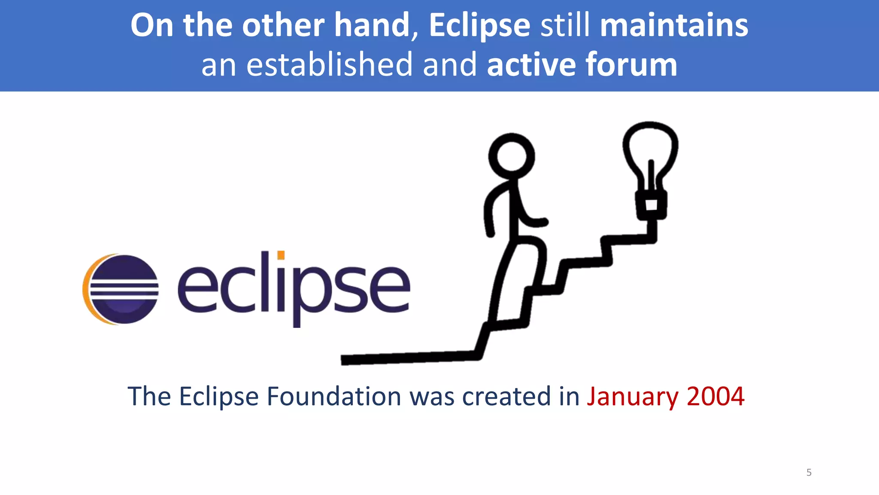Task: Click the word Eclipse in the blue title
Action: (x=479, y=26)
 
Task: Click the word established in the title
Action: (x=329, y=64)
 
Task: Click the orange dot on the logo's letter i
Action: (x=281, y=255)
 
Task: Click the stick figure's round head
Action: (x=511, y=156)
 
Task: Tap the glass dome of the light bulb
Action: (x=650, y=148)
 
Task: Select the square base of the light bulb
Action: (x=651, y=205)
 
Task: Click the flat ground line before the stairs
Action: (x=408, y=357)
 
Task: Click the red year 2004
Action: (x=715, y=396)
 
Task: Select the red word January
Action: (x=632, y=396)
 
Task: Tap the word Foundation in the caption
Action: (x=334, y=396)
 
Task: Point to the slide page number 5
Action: (x=809, y=472)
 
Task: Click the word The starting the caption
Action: (x=149, y=396)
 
